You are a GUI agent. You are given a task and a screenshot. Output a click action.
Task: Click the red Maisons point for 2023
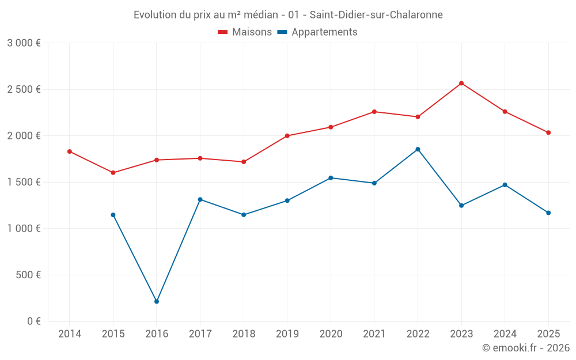tap(461, 83)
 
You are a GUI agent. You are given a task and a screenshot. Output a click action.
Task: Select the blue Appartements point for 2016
tap(157, 301)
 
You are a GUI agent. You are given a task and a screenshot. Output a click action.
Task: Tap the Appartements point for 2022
tap(418, 149)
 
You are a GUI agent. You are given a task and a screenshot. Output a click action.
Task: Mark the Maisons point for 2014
tap(70, 151)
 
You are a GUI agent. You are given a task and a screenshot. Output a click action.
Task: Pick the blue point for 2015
tap(113, 215)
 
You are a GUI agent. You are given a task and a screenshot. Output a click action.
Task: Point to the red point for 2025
tap(548, 132)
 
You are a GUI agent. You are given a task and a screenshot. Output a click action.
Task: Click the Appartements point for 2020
tap(331, 178)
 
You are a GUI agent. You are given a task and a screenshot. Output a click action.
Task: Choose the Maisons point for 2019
tap(287, 136)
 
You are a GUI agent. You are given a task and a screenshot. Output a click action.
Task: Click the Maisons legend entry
tap(245, 32)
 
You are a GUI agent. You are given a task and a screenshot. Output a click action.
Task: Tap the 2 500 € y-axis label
tap(24, 89)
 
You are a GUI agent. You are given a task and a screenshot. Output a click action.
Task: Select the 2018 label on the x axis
tap(244, 334)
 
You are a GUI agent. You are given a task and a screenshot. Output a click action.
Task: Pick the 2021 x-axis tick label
tap(374, 334)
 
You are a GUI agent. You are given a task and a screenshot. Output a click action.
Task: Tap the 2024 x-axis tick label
tap(505, 334)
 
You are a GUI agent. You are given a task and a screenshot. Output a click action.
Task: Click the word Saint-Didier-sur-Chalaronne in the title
tap(376, 15)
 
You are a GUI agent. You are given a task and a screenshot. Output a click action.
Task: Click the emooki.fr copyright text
tap(526, 348)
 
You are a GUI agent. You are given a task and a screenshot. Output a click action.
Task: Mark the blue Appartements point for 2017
tap(200, 199)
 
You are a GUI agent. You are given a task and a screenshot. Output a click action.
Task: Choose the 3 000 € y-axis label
tap(24, 43)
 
